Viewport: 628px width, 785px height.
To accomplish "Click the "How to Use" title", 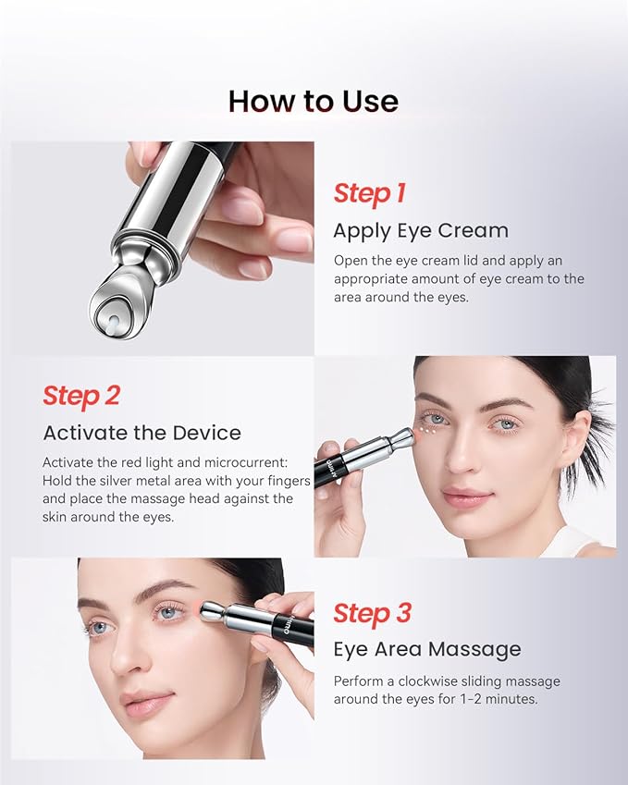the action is pos(314,102).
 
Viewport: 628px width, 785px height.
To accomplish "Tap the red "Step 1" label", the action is pos(369,194).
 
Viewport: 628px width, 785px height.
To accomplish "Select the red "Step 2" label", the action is pos(81,396).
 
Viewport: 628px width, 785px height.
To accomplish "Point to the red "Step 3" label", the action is pos(372,613).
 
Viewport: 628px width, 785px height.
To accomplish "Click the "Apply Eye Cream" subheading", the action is pos(421,231).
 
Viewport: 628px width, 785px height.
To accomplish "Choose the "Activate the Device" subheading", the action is pos(142,433).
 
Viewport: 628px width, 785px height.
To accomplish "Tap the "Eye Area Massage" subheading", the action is pos(427,649).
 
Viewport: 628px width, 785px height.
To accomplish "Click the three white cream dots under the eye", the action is pos(426,430).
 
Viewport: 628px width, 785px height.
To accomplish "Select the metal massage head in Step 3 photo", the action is pos(213,612).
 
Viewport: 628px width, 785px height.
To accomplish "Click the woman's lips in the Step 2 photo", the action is pos(467,497).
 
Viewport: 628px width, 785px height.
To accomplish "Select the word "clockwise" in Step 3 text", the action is pos(427,681).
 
